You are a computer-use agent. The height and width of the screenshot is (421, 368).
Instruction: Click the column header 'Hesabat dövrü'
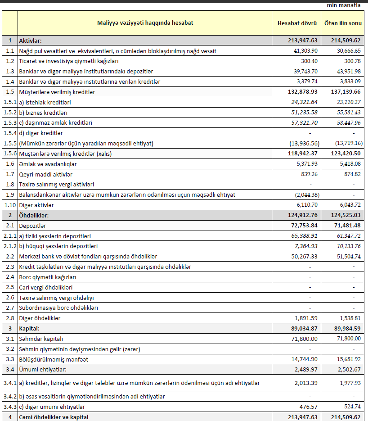click(297, 23)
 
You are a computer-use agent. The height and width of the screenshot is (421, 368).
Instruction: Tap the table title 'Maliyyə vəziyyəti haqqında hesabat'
click(145, 23)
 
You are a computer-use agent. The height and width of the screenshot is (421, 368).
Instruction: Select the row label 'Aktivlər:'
click(30, 41)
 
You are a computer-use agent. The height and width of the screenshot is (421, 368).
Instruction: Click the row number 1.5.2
click(9, 112)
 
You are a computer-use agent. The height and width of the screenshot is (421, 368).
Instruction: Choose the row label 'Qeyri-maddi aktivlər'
click(45, 174)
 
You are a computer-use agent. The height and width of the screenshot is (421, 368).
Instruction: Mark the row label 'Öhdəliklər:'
click(34, 215)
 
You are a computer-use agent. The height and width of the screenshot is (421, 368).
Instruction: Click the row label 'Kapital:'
click(29, 328)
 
